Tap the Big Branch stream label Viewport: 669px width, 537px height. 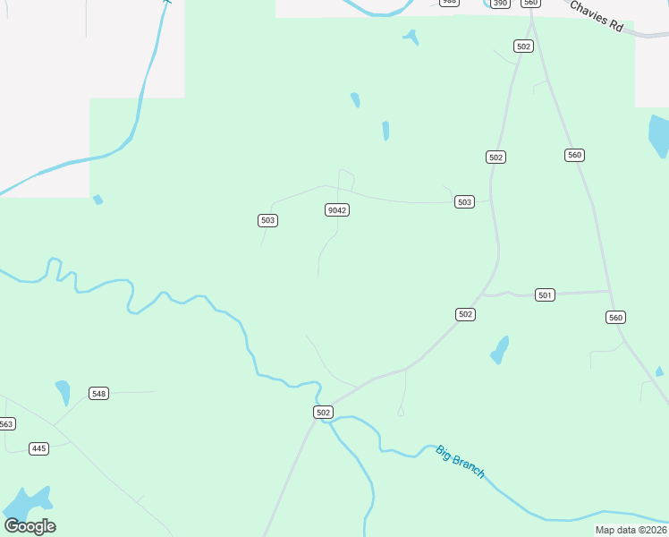(x=461, y=461)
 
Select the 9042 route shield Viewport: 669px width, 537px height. (x=336, y=210)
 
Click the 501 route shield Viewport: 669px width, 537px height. (x=546, y=294)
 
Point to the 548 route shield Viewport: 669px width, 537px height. (x=98, y=394)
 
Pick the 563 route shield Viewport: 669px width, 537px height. (x=6, y=424)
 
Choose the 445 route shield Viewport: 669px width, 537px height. (x=38, y=448)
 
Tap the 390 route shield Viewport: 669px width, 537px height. (x=500, y=4)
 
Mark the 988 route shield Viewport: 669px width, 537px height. (x=449, y=3)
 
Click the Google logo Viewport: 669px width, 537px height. (x=30, y=526)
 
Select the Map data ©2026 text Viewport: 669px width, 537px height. (x=631, y=530)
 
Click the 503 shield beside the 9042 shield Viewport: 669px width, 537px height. (x=267, y=220)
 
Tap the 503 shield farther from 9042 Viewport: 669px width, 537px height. (x=463, y=202)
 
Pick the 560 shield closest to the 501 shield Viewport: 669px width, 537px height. (x=615, y=318)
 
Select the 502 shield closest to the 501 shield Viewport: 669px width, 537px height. (x=465, y=314)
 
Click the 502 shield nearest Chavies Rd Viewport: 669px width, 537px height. (x=523, y=47)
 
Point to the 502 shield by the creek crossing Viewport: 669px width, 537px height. (x=323, y=412)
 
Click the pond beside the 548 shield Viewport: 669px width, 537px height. (x=63, y=392)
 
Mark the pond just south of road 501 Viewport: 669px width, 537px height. (x=500, y=350)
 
